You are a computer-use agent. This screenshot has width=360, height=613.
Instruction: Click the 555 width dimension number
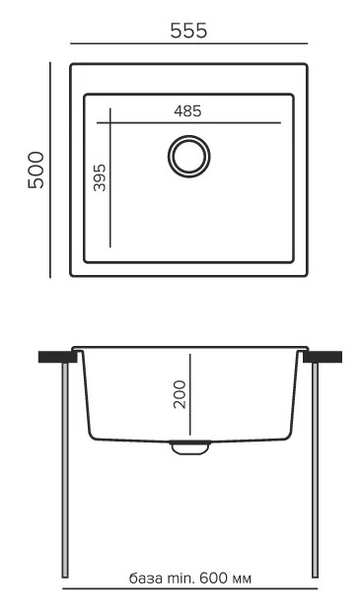[188, 31]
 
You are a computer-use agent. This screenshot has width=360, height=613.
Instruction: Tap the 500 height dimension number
[36, 170]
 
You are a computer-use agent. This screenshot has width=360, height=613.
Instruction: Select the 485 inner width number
[187, 111]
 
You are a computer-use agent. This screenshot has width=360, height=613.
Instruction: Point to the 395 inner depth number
[100, 177]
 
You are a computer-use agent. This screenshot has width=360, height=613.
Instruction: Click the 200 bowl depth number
[180, 394]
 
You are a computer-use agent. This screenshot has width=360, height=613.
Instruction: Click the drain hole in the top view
[189, 156]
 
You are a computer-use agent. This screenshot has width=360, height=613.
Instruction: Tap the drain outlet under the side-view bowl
[189, 447]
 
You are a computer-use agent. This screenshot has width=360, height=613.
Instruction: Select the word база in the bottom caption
[146, 579]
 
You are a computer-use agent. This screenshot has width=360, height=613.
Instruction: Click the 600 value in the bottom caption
[212, 578]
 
